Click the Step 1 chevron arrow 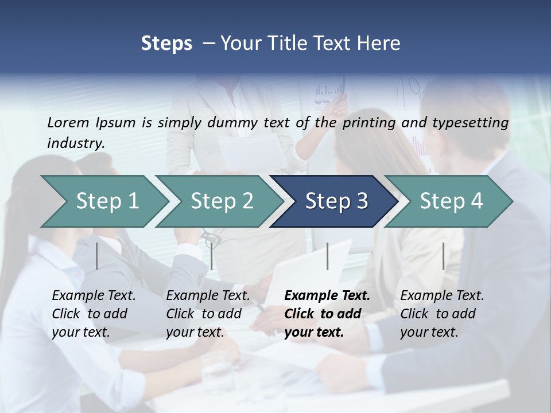107,201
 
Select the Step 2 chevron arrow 222,201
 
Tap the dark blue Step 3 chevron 336,201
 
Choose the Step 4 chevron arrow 451,201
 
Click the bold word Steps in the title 166,44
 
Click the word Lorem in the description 68,122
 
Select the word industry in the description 76,143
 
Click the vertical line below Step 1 97,256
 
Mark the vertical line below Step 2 212,256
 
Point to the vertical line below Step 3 328,256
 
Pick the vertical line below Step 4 444,256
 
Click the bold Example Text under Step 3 327,296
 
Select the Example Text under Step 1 94,296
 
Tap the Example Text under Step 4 442,296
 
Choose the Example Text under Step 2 208,296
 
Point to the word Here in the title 382,44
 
